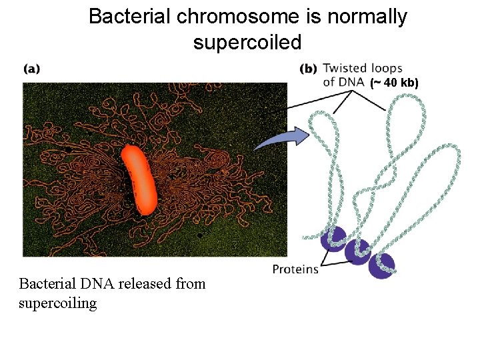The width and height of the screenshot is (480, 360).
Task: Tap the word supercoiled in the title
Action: point(247,43)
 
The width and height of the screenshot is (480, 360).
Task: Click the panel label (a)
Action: point(31,68)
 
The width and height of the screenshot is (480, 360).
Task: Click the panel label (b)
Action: point(308,68)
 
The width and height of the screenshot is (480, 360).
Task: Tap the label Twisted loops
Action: point(363,68)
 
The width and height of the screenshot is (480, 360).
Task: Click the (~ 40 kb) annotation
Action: point(394,83)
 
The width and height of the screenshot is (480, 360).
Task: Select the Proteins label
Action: point(295,269)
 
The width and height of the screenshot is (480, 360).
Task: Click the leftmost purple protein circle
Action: point(334,238)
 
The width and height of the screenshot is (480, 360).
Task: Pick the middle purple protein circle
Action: point(358,251)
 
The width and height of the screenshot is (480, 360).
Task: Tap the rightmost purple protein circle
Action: point(381,265)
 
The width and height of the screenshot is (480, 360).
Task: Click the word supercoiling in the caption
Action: point(58,303)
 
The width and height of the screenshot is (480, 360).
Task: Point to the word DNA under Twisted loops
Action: point(352,83)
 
